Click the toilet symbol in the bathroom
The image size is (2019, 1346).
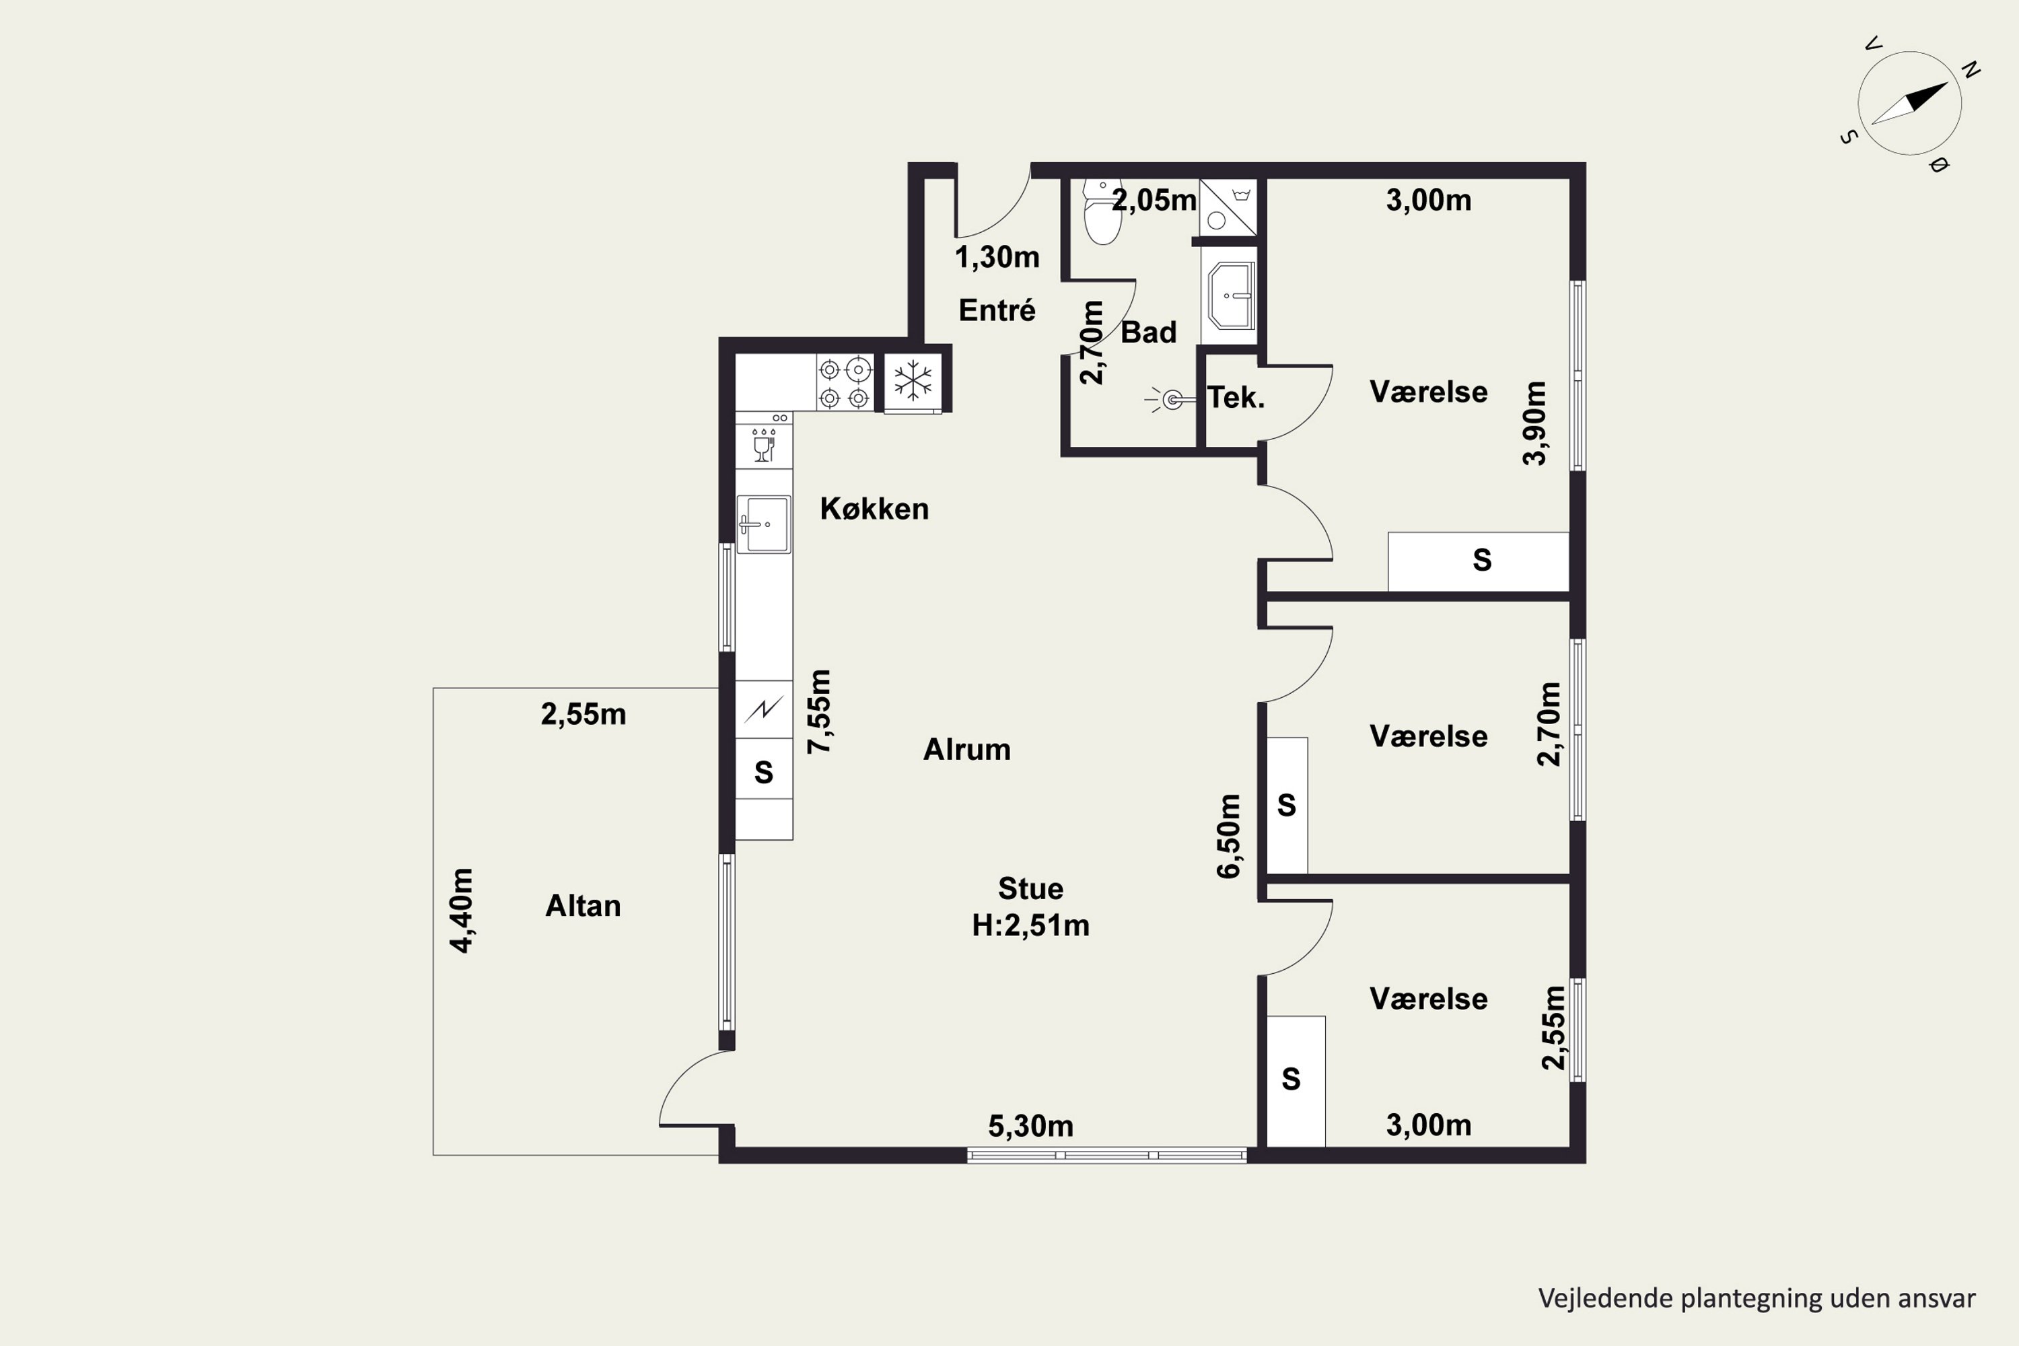click(x=1102, y=211)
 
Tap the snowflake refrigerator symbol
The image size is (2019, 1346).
click(x=913, y=380)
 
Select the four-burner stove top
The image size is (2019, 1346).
click(x=845, y=382)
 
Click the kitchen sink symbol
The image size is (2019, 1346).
click(x=763, y=524)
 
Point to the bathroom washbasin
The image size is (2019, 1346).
click(x=1232, y=296)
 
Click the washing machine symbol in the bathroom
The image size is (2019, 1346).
click(x=1228, y=206)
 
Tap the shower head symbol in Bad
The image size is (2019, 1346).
click(x=1169, y=399)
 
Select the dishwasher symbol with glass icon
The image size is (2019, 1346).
click(x=763, y=442)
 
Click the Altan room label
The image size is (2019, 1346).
click(x=583, y=906)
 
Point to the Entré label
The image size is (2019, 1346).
click(x=997, y=310)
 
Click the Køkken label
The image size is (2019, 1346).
click(x=874, y=509)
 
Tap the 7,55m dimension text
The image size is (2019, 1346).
click(x=819, y=711)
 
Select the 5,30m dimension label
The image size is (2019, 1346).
click(x=1030, y=1126)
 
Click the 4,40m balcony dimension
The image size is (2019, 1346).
click(x=461, y=911)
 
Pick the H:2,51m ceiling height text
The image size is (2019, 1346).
click(x=1030, y=925)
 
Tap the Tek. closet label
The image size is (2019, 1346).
click(x=1236, y=398)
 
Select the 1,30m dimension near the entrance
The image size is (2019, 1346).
click(x=997, y=256)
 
